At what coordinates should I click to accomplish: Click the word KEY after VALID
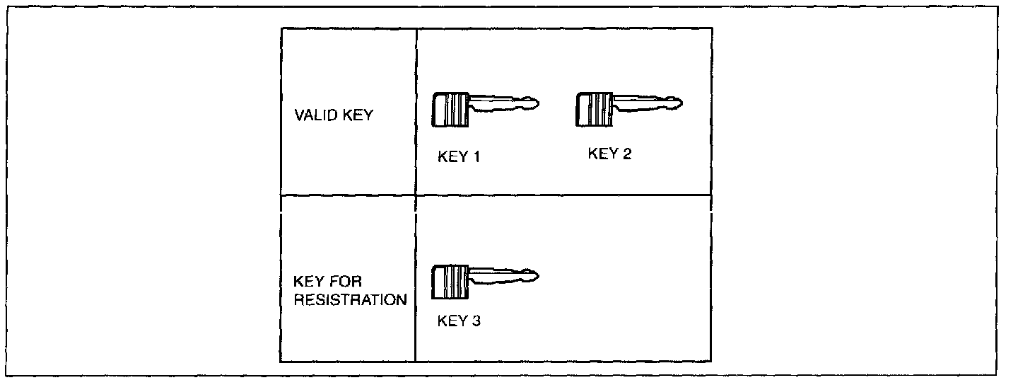[359, 116]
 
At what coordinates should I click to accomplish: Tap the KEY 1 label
[459, 157]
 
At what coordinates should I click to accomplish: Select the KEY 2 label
[609, 154]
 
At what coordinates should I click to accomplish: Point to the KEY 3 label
[460, 321]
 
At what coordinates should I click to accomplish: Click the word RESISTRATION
[351, 299]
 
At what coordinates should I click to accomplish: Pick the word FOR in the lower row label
[347, 282]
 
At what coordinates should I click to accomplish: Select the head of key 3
[451, 282]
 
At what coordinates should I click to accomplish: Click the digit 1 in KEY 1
[476, 157]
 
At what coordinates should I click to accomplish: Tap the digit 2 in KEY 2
[627, 154]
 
